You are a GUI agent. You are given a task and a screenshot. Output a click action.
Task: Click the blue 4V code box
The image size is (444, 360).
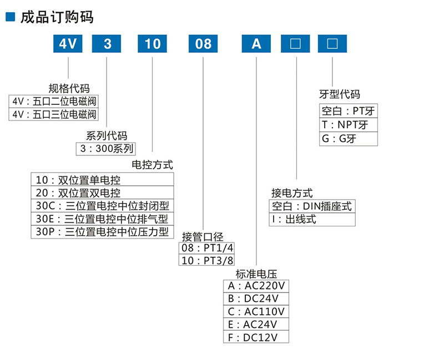(x=68, y=43)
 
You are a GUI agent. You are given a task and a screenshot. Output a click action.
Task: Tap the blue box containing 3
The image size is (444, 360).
(x=105, y=43)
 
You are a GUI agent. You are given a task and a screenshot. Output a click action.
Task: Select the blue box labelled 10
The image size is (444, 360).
(x=152, y=43)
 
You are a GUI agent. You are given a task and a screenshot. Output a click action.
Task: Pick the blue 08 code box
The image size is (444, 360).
(x=204, y=43)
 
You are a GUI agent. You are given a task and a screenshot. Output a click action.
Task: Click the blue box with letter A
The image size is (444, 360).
(x=256, y=43)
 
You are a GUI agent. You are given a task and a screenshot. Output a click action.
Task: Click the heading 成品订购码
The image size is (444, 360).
(x=56, y=17)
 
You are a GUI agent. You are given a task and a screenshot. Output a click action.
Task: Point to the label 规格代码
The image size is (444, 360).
(x=69, y=88)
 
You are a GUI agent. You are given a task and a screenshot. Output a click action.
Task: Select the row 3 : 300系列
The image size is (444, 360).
(x=106, y=148)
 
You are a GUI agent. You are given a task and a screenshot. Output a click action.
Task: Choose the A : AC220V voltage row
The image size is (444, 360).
(x=256, y=286)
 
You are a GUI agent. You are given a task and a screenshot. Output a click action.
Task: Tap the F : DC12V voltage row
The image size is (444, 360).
(x=256, y=337)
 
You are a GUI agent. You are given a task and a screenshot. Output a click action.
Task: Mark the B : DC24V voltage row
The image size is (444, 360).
(x=256, y=299)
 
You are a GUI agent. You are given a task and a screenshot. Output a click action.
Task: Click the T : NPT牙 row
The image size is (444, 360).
(x=348, y=125)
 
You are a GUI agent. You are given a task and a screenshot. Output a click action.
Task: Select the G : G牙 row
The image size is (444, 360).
(x=348, y=139)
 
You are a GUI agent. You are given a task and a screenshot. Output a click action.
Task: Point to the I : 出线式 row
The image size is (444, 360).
(x=312, y=219)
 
